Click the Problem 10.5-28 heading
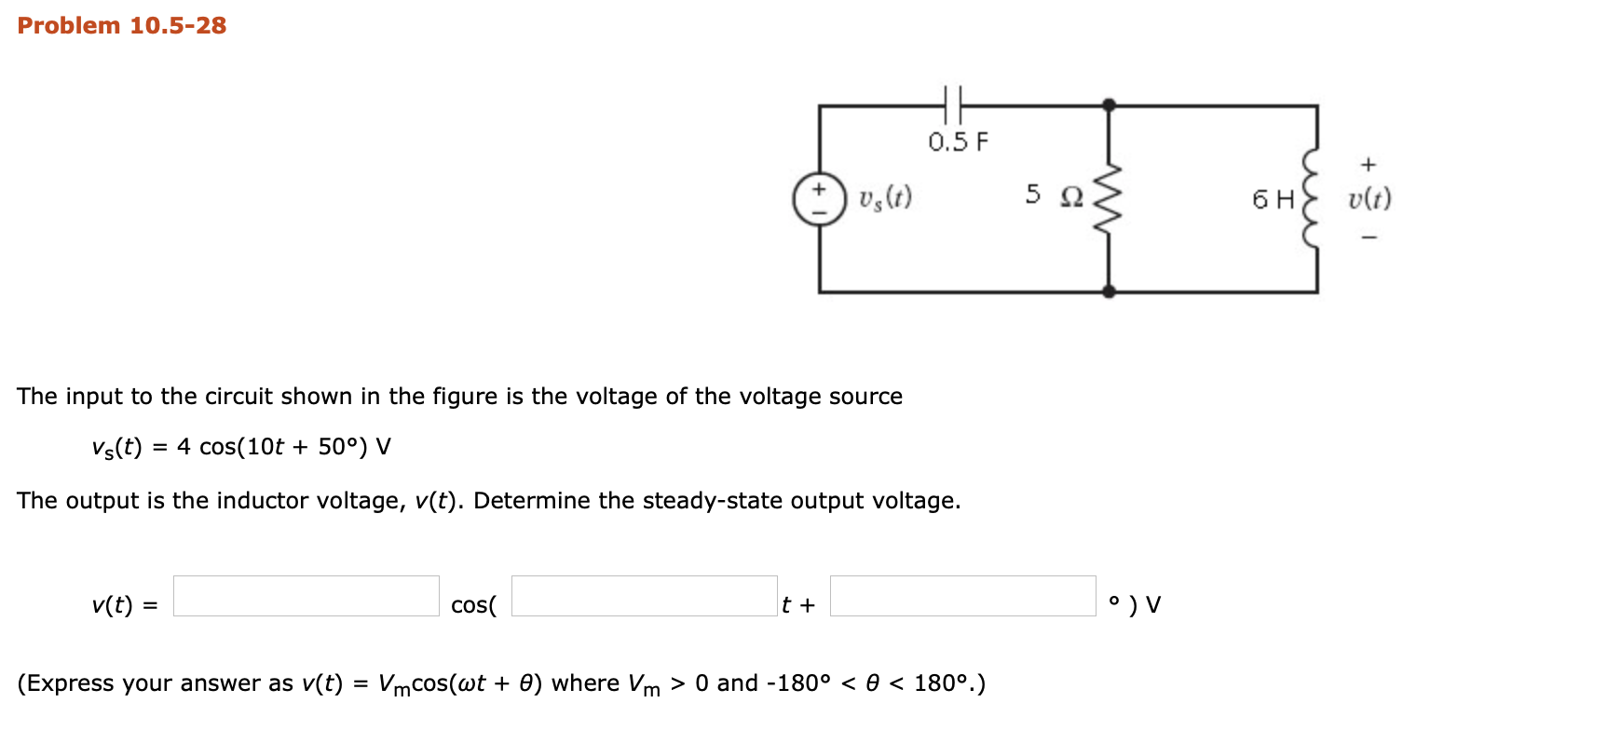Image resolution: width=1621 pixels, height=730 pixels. (x=122, y=25)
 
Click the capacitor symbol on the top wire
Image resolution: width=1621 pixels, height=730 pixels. (x=952, y=105)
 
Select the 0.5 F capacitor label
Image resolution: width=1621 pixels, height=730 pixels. (x=958, y=142)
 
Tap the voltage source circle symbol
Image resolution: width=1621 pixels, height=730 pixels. (x=819, y=199)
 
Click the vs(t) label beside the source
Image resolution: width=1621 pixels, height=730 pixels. (x=885, y=198)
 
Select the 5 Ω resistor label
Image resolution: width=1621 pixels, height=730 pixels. (x=1054, y=196)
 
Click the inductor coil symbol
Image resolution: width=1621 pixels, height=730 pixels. (x=1312, y=198)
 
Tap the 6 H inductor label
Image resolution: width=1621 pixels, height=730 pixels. (x=1273, y=199)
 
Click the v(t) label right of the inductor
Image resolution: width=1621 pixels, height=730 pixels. (x=1369, y=199)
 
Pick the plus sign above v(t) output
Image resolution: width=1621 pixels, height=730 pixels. (x=1368, y=165)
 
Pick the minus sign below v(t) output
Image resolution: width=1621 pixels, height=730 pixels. (x=1369, y=237)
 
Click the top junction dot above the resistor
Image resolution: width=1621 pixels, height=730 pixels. (x=1109, y=105)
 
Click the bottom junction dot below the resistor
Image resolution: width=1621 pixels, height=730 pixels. (x=1109, y=291)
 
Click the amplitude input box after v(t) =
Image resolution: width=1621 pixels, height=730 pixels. (x=306, y=596)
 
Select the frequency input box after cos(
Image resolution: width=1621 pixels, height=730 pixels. (x=644, y=596)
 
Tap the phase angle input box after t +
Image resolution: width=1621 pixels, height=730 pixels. (x=962, y=596)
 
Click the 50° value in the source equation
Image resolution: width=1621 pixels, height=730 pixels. (x=337, y=447)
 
